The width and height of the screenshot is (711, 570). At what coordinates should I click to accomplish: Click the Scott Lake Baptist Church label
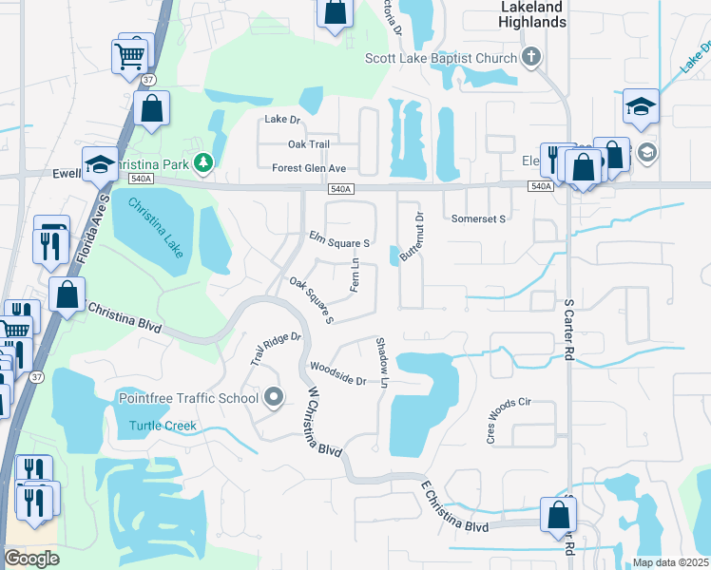[x=441, y=58]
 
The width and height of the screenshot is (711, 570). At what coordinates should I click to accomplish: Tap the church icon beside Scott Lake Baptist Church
[x=531, y=58]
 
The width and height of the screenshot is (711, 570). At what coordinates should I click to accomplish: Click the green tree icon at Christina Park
[x=202, y=163]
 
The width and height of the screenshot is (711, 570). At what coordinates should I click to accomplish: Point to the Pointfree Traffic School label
[x=188, y=397]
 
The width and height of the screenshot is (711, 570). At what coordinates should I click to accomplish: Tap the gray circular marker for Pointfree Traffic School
[x=274, y=396]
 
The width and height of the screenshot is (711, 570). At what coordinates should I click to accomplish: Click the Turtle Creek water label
[x=163, y=426]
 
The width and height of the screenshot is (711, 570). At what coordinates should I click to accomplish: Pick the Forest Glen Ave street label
[x=309, y=168]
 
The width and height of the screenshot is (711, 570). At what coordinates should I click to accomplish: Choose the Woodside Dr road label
[x=337, y=373]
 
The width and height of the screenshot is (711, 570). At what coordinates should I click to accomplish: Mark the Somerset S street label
[x=478, y=218]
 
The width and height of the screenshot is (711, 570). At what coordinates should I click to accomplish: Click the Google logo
[x=31, y=558]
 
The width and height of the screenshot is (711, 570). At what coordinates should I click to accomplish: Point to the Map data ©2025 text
[x=669, y=562]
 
